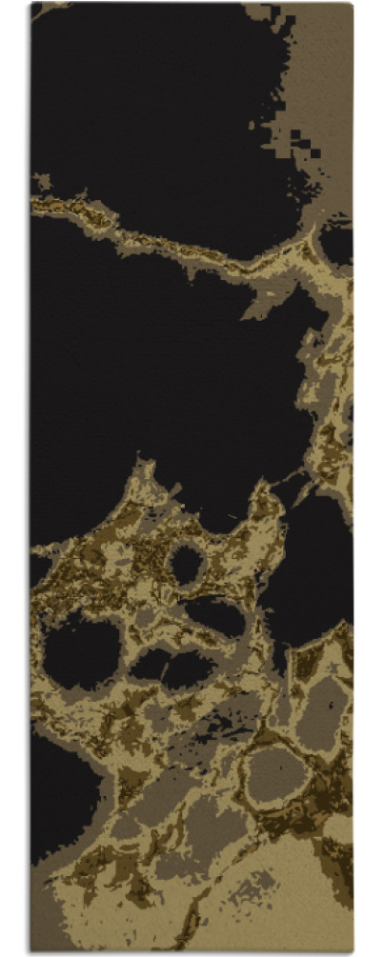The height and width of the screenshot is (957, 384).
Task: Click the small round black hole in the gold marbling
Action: click(x=186, y=565)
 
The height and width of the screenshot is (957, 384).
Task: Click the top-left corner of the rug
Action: click(x=31, y=4)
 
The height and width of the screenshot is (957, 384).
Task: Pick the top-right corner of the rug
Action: click(x=352, y=4)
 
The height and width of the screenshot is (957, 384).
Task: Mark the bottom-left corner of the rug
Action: click(x=31, y=951)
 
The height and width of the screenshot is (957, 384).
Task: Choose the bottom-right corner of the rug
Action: click(x=353, y=951)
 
